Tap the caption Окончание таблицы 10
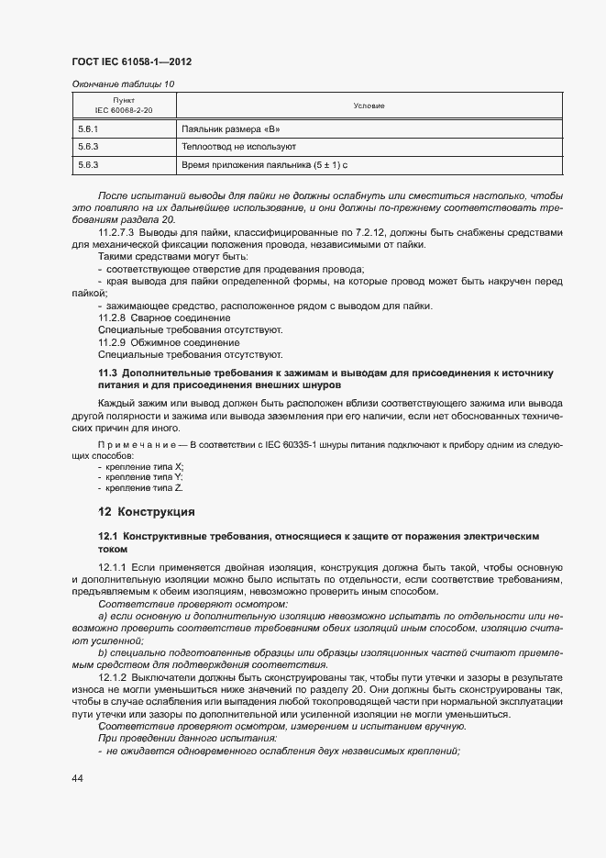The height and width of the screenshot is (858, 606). click(x=122, y=84)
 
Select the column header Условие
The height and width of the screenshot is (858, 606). click(x=369, y=106)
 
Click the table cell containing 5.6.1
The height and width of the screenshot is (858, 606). click(x=89, y=129)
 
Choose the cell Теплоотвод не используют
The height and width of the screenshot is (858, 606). click(x=238, y=147)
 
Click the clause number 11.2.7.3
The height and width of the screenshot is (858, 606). click(x=117, y=232)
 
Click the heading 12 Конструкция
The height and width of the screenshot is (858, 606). click(x=147, y=511)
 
